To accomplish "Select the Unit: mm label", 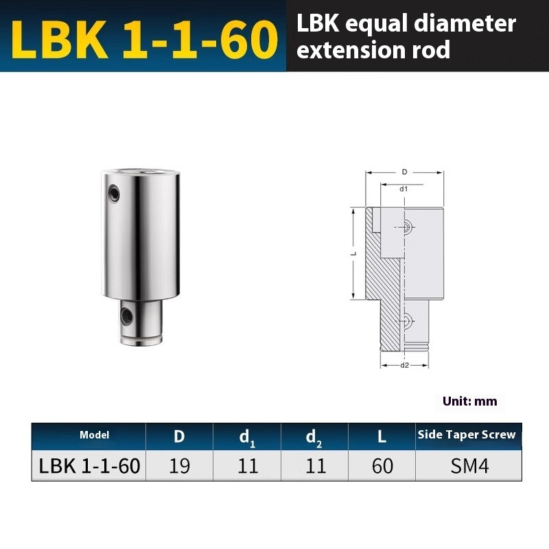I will (x=470, y=401).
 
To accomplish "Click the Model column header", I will (x=94, y=435).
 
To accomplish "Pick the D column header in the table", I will (x=179, y=436).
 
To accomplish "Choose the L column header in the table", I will (x=382, y=436).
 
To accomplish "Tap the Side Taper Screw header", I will (x=466, y=435).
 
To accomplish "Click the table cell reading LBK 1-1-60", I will (x=90, y=466).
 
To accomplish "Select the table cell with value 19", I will (x=179, y=466).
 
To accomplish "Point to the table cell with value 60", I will (x=382, y=466).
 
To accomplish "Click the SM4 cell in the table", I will (x=469, y=466).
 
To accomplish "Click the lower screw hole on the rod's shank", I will (x=128, y=316).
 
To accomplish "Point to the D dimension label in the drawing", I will (x=404, y=172).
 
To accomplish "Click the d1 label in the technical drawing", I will (x=404, y=188).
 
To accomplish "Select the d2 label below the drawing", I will (x=404, y=365).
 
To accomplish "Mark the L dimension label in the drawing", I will (x=351, y=254).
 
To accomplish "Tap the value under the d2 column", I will (x=315, y=466).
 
